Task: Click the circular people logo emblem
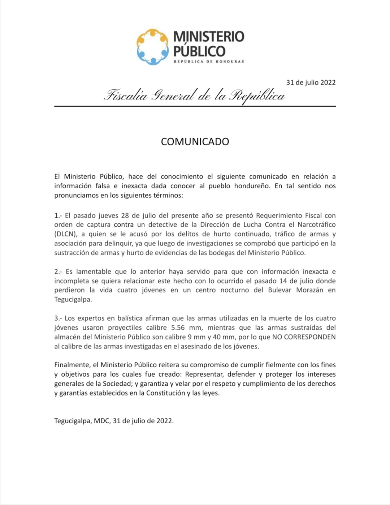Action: [x=152, y=47]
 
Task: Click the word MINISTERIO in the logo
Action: [x=209, y=37]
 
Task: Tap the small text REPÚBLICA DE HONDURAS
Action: [x=209, y=61]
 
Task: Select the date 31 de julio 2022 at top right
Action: [x=311, y=82]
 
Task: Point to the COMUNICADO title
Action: [x=195, y=141]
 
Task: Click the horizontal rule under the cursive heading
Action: [x=195, y=106]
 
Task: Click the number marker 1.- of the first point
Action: [x=58, y=215]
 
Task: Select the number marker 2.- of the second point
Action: [x=58, y=271]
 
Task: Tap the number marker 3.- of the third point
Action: [x=58, y=318]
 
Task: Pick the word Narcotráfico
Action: [x=317, y=224]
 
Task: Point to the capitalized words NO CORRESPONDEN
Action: [x=304, y=337]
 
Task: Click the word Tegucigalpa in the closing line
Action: [x=73, y=421]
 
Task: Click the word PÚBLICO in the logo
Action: [x=199, y=51]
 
